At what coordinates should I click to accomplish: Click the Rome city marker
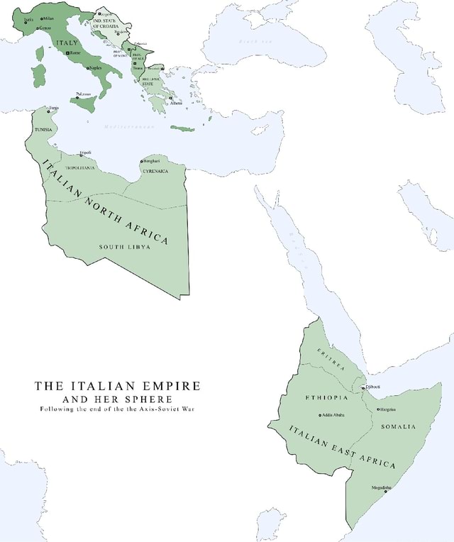pos(67,53)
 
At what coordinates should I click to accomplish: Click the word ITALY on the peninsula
pos(66,44)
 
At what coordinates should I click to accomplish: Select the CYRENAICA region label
pos(154,172)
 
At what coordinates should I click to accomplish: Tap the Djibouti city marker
pos(363,387)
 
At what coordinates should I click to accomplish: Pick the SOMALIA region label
pos(398,426)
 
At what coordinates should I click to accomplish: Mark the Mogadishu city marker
pos(385,491)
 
